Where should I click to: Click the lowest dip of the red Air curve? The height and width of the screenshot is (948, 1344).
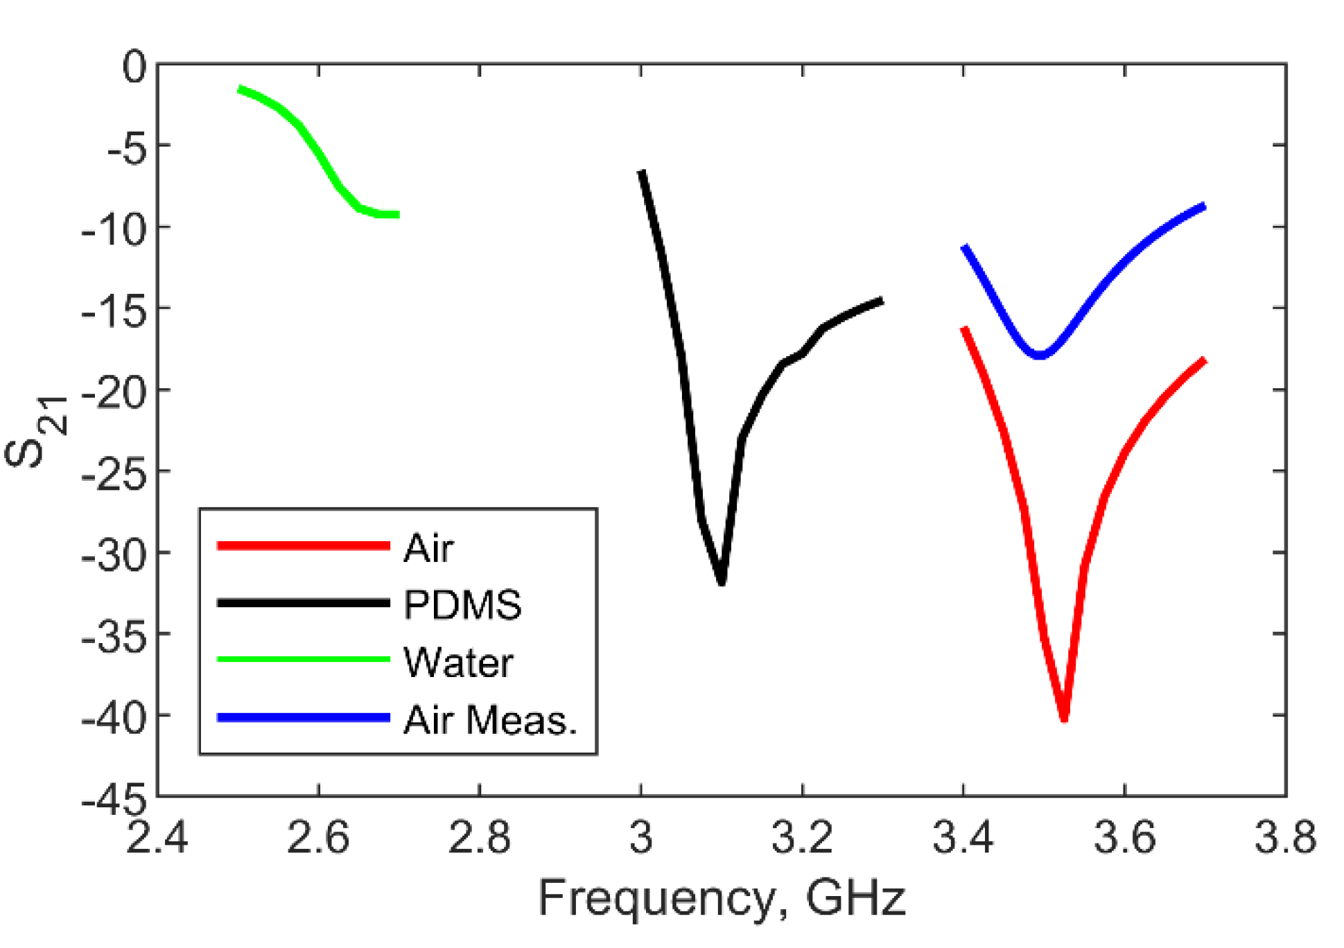1064,718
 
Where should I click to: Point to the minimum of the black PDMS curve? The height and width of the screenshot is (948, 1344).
722,581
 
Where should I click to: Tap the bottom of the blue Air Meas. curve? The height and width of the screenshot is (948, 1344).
1040,355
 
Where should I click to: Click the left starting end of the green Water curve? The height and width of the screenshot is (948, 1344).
240,89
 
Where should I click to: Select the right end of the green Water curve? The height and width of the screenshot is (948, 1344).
397,215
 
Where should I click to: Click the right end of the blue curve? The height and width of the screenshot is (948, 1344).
1205,206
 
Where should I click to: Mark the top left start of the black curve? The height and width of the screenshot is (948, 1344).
642,172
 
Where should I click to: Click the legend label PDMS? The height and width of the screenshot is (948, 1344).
462,604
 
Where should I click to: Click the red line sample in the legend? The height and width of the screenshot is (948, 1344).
303,546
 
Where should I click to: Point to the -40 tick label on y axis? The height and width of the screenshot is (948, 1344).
114,717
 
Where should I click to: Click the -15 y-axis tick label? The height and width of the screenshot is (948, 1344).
114,310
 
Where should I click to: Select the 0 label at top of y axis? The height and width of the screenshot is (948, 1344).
134,67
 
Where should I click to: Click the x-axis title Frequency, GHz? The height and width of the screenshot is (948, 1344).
722,897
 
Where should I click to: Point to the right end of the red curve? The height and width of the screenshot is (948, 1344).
1205,360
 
